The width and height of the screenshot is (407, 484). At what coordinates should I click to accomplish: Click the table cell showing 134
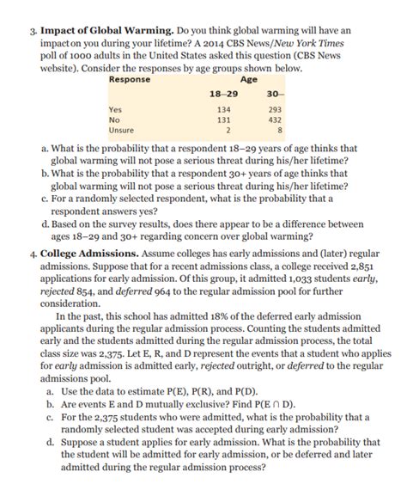click(x=226, y=109)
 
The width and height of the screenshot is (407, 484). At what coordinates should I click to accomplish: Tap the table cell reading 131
click(x=226, y=119)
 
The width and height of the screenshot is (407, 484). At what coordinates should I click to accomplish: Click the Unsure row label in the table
click(x=121, y=130)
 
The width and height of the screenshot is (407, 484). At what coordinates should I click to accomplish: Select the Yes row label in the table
click(x=115, y=109)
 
